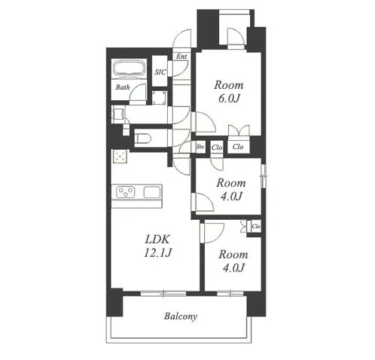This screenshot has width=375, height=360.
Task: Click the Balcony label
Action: coord(181,316)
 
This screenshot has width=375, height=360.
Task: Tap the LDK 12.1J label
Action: coord(157,246)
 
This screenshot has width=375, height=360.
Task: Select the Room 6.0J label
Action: coord(229,92)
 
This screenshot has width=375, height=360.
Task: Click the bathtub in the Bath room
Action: coord(129,67)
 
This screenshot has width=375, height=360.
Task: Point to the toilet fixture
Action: coord(142,139)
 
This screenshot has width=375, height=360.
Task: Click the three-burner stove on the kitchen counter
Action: coord(126,192)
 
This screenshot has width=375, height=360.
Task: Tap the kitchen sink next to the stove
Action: coord(152,192)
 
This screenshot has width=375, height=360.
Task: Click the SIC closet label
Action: coord(160,72)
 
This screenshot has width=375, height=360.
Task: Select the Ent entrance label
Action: coord(181,56)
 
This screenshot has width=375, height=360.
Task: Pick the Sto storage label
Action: coord(200,146)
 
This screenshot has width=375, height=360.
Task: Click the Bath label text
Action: coord(123,87)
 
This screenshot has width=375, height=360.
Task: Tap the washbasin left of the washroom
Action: coord(118,114)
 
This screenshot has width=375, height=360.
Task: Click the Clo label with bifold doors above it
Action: coord(238,146)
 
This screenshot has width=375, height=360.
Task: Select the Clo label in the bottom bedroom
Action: coord(256,227)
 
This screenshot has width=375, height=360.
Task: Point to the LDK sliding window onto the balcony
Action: coord(163,293)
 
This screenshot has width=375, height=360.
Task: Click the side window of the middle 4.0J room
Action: coord(264,176)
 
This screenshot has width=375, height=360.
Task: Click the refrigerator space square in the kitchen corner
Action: coord(120,157)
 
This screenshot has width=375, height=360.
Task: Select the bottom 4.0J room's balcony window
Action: coord(230,293)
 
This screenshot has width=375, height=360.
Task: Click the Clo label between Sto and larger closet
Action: coord(217,148)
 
